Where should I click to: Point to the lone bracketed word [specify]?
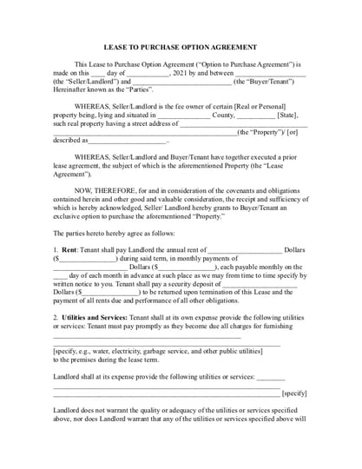[x=293, y=393]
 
